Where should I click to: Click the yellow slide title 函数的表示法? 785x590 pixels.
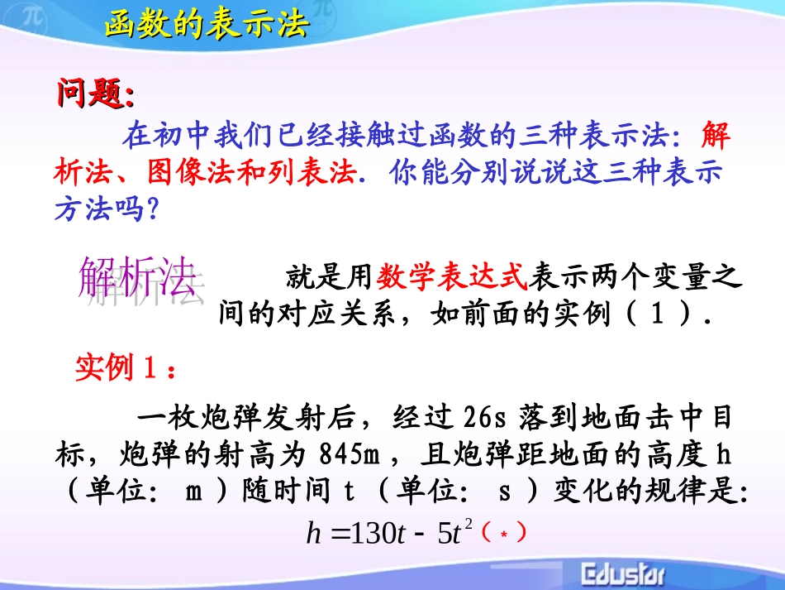click(x=207, y=24)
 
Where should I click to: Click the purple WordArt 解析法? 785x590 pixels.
click(x=137, y=278)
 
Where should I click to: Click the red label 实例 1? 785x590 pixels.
click(x=125, y=367)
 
